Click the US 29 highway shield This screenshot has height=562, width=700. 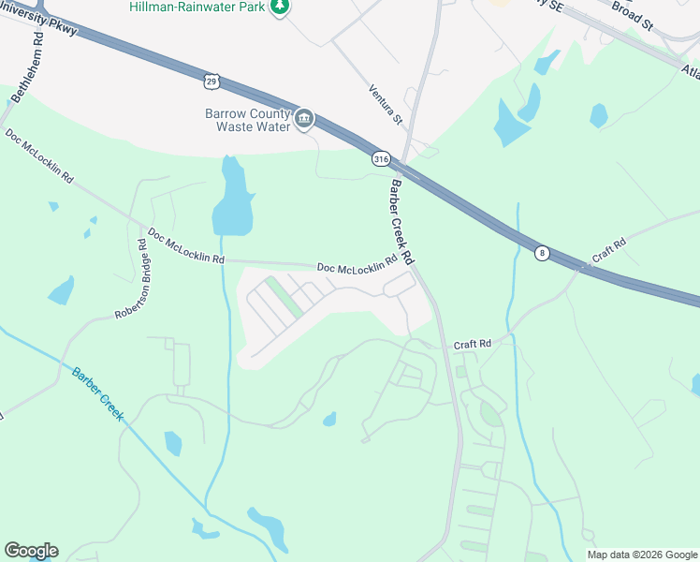pos(211,81)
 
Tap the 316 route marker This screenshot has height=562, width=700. pos(380,160)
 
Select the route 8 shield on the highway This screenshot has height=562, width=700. pos(541,253)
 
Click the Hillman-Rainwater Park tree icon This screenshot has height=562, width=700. pos(278,7)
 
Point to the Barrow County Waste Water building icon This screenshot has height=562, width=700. pos(304,119)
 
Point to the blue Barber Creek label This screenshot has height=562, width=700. pos(97,392)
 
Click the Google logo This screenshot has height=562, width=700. pos(31,551)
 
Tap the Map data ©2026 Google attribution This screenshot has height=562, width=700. pos(641,555)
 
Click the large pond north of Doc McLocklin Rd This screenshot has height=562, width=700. pos(232,201)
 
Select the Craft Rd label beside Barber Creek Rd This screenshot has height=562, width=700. pos(473,345)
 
